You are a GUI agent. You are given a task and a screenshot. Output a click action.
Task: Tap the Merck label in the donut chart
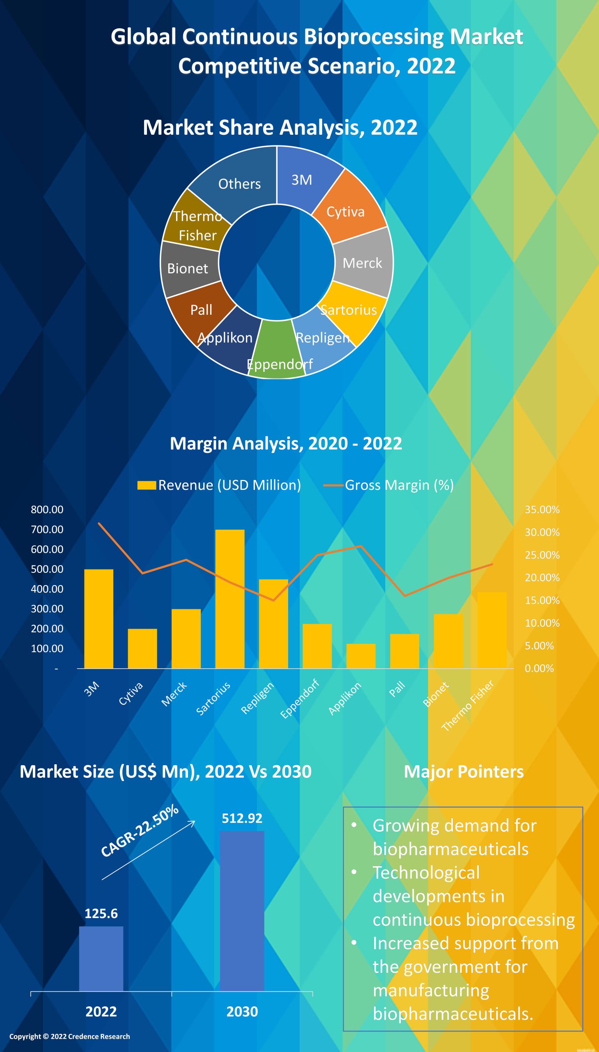pos(363,263)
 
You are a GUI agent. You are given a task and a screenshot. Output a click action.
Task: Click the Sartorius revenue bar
pos(230,599)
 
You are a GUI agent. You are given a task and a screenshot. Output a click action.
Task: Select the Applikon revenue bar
pos(361,656)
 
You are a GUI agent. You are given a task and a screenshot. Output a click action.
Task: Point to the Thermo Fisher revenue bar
pos(491,630)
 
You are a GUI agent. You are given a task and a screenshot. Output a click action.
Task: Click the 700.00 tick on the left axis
pos(47,530)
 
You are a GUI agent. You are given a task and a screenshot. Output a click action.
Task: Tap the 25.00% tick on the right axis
pos(542,555)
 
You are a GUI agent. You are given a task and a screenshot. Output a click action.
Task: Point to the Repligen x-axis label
pos(257,698)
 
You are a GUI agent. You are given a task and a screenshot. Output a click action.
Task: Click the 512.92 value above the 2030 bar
pos(242,818)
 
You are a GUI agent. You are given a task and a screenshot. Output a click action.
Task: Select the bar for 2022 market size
pos(101,959)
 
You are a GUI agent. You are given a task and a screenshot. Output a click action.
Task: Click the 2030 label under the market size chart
pos(242,1012)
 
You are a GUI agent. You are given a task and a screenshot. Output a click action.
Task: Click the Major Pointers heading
pos(464,772)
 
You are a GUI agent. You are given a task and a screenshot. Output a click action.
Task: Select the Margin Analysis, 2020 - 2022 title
pos(286,443)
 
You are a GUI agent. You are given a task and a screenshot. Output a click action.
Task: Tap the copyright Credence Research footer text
pos(69,1036)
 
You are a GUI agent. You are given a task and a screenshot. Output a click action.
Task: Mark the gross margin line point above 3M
pos(99,523)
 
